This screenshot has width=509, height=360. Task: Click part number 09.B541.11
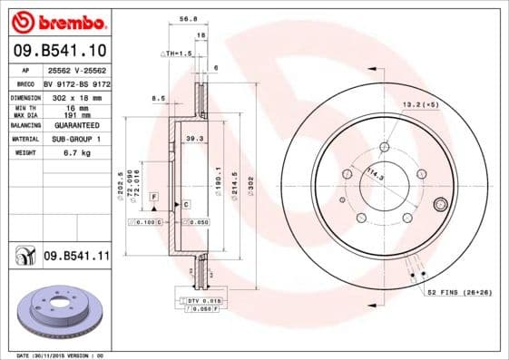(75, 257)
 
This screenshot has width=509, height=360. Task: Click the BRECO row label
(26, 83)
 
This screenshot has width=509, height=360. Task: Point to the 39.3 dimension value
(192, 139)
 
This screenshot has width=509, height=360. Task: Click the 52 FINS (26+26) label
(460, 292)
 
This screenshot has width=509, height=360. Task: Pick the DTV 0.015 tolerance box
(205, 299)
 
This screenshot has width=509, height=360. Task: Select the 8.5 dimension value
(158, 97)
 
